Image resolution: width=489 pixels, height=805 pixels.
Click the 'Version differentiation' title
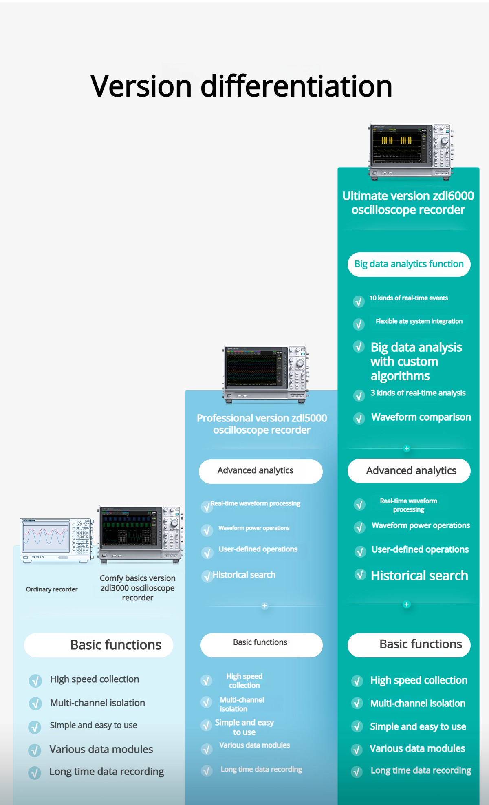241,86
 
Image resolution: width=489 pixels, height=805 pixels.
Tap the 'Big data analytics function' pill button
409,264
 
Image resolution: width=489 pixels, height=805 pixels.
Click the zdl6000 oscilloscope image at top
411,151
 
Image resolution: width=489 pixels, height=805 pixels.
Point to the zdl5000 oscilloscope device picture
265,374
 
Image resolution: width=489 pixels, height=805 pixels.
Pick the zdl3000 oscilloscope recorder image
140,534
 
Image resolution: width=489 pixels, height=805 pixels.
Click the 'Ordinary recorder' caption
52,589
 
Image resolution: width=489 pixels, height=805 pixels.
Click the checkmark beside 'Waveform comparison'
359,419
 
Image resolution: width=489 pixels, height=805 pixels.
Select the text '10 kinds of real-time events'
408,298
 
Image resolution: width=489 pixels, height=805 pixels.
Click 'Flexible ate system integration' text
419,321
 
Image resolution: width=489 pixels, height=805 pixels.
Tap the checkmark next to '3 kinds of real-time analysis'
359,395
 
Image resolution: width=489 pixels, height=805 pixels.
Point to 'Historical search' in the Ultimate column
419,576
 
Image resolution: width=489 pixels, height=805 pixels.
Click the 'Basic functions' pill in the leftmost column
99,645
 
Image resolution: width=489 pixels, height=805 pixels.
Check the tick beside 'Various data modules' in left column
35,750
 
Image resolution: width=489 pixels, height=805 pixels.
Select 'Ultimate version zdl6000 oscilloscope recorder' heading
408,203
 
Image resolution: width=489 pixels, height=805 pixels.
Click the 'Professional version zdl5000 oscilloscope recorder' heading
262,424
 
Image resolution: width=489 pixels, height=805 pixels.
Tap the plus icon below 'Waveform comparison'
406,448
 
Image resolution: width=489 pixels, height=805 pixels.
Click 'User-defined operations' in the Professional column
258,549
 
